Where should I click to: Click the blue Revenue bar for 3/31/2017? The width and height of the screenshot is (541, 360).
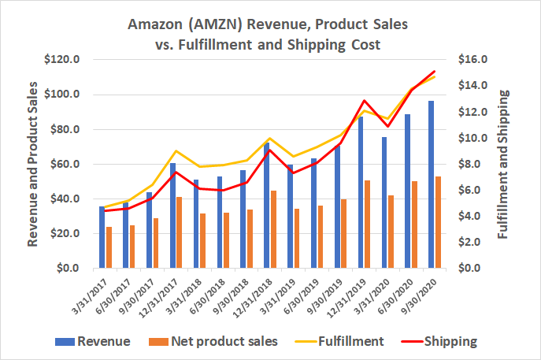pos(102,237)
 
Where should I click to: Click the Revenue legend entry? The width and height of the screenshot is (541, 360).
pos(103,342)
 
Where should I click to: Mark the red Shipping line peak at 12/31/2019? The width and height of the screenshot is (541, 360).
pos(364,101)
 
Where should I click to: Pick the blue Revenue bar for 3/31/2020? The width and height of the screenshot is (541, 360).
pos(384,202)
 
